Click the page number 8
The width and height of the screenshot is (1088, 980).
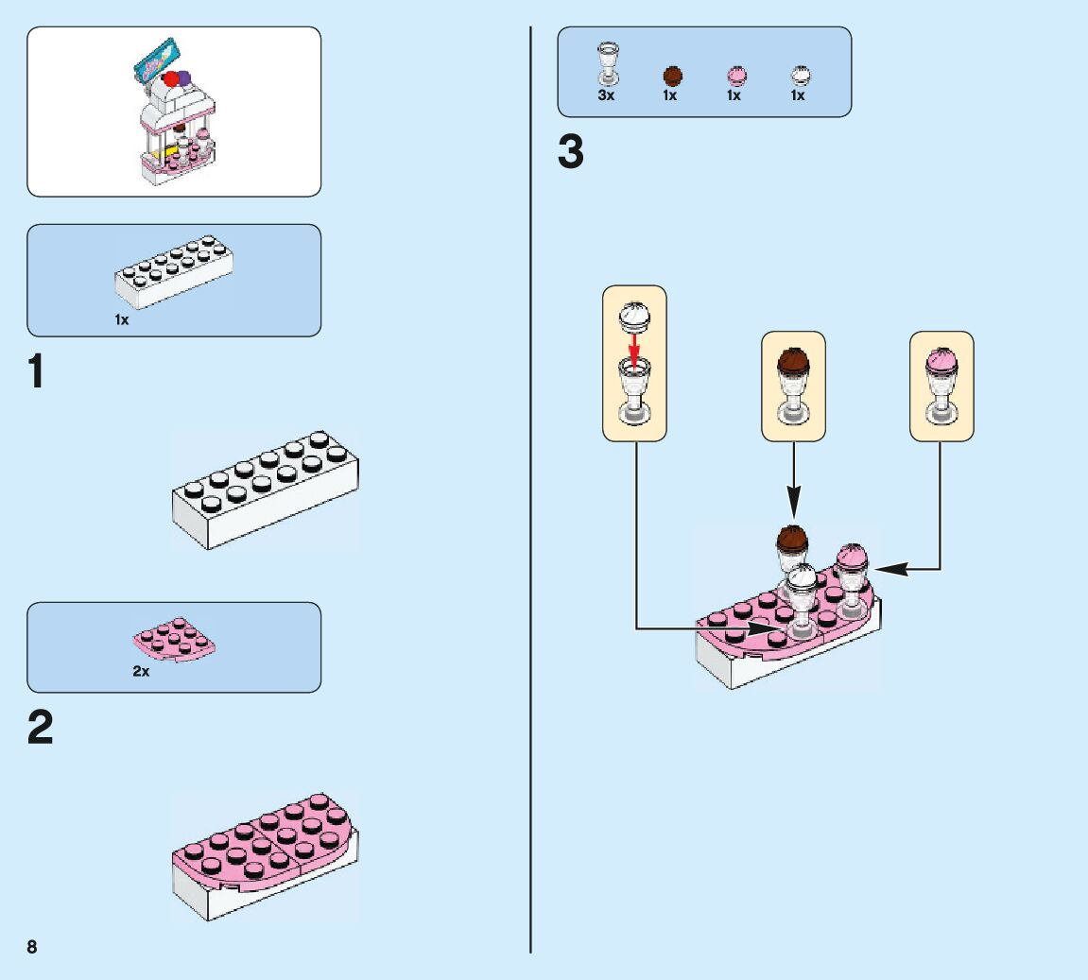coord(32,947)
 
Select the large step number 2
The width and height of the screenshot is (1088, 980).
coord(40,729)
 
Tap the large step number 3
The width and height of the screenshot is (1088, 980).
coord(571,154)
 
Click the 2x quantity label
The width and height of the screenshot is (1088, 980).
coord(141,672)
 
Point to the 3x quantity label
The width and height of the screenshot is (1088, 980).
coord(606,95)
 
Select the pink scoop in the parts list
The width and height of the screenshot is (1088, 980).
coord(734,77)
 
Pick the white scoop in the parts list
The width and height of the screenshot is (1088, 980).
coord(799,77)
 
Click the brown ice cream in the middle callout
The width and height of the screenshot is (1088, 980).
coord(793,361)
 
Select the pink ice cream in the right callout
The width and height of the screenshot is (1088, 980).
coord(941,360)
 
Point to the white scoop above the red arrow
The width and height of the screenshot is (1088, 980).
coord(633,316)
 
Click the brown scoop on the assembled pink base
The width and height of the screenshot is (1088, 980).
coord(792,539)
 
